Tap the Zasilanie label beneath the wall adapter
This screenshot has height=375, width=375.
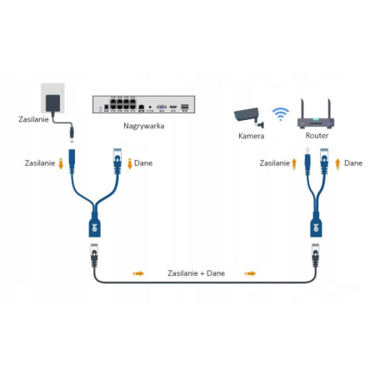tap(33, 120)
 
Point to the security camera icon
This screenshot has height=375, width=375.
tap(249, 116)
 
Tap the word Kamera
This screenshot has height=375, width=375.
tap(251, 135)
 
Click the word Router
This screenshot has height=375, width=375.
tap(317, 135)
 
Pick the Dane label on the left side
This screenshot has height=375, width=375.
tap(143, 163)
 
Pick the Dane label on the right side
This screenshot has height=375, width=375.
tap(353, 163)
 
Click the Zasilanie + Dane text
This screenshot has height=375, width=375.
tap(196, 272)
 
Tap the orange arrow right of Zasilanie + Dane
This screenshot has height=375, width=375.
tap(250, 272)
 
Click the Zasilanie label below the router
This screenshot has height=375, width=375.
tap(274, 163)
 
